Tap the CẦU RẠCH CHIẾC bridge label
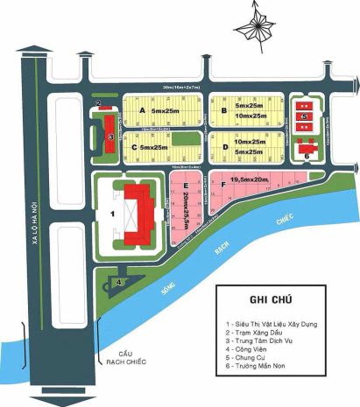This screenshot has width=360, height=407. pos(122,355)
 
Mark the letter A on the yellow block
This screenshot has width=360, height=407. pos(142,112)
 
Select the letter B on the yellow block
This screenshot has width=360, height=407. pos(225,111)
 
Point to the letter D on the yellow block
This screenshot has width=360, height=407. pos(224,146)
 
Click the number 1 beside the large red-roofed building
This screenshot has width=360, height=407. pos(111,213)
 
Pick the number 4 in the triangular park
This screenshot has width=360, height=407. pos(118,282)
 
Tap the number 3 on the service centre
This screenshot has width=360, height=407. pos(108,137)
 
